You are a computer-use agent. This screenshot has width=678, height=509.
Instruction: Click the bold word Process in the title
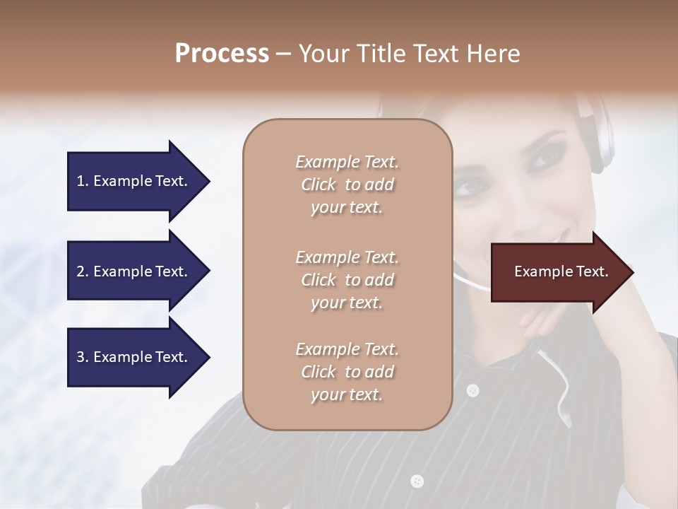pos(222,54)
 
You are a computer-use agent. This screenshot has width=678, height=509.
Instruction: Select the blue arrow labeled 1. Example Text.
pos(134,181)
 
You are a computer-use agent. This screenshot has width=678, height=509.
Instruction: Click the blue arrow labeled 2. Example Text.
pos(134,271)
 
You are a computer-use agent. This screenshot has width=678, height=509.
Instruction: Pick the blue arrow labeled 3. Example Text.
pos(134,357)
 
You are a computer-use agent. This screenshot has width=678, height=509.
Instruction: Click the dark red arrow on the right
pos(558,271)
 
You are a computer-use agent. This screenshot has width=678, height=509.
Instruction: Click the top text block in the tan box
pos(347,185)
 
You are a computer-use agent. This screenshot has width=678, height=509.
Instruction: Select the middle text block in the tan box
pos(347,280)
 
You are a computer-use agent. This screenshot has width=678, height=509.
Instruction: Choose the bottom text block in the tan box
pos(347,372)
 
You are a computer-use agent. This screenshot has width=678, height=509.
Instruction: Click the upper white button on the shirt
pos(472,390)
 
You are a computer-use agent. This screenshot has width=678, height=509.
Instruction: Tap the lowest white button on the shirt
pos(417,481)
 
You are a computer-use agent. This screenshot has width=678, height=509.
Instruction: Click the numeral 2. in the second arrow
pos(83,271)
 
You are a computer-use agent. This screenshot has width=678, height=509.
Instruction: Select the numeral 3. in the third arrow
pos(83,357)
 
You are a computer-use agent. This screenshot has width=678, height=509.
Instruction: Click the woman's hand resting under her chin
pos(540,322)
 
